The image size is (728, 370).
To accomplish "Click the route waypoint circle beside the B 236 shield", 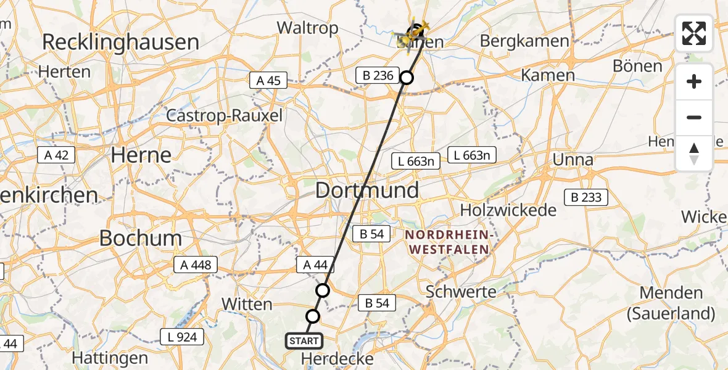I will click(407, 78).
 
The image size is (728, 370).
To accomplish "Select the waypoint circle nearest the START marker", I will click(313, 316).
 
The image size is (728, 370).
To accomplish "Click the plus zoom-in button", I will click(694, 82).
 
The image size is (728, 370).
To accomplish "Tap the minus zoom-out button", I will click(694, 117).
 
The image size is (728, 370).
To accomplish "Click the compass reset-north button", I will click(694, 153).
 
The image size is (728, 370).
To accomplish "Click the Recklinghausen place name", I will click(121, 43).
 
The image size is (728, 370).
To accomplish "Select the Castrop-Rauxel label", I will click(225, 115).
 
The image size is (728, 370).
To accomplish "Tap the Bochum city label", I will click(141, 238).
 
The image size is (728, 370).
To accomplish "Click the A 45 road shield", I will click(268, 80).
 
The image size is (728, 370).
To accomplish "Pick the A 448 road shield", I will click(196, 265).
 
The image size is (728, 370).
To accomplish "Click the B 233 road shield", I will click(586, 197).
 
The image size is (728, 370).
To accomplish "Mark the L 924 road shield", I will click(182, 337).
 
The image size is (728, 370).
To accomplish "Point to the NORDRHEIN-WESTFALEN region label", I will click(447, 242).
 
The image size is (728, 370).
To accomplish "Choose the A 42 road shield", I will click(56, 155).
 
